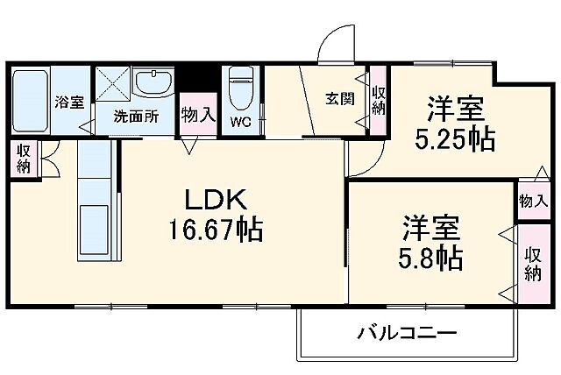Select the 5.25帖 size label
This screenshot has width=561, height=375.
455,138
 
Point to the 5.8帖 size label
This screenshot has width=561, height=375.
433,257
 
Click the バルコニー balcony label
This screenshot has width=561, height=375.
406,334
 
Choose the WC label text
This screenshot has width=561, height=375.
241,123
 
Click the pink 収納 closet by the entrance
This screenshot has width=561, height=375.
378,101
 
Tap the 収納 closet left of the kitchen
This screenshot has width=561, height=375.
23,159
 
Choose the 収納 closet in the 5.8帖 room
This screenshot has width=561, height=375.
532,264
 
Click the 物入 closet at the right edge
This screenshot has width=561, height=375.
532,201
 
